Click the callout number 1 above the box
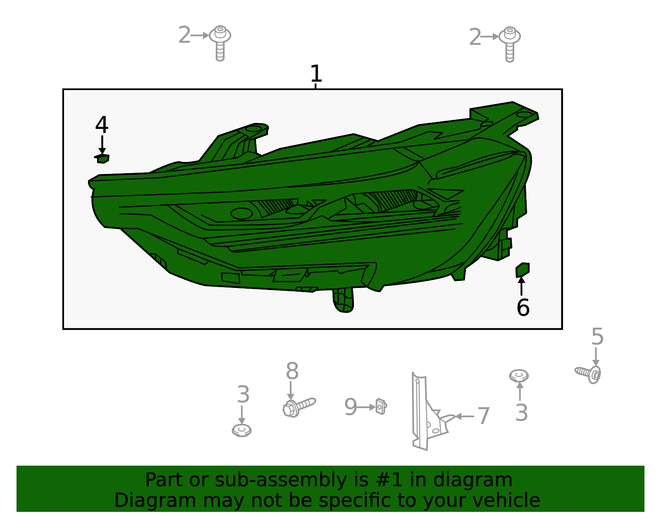pos(316,74)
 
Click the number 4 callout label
pos(102,125)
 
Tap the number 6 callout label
pos(523,307)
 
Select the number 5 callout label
pos(597,337)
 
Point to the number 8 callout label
pos(292,371)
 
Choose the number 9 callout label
pos(350,407)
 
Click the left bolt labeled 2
pos(220,43)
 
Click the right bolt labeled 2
pos(509,44)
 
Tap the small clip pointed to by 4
pos(102,159)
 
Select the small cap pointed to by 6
pos(523,270)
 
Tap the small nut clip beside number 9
pos(381,406)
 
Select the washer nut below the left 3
pos(242,430)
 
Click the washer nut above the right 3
pos(519,376)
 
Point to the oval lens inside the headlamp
pos(242,214)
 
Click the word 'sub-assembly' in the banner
pos(281,480)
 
